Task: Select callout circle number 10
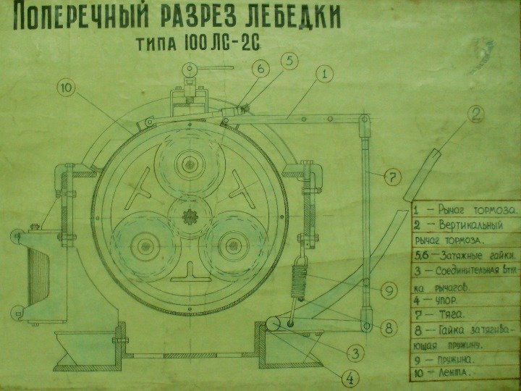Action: (x=67, y=88)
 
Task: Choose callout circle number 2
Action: (x=475, y=113)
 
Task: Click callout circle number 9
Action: (x=388, y=290)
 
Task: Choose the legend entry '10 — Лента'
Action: (x=441, y=372)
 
